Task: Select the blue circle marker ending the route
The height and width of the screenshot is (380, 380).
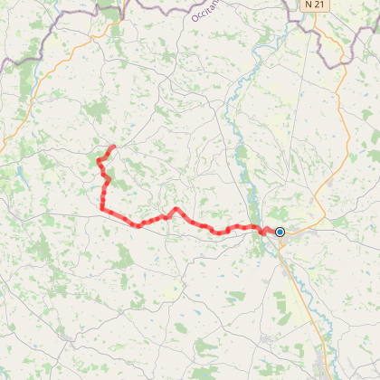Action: coord(280,233)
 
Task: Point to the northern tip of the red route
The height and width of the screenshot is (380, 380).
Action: coord(113,147)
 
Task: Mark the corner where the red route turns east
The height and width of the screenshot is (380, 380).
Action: coord(101,209)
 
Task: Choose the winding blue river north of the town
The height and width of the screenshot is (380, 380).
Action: coord(237,136)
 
